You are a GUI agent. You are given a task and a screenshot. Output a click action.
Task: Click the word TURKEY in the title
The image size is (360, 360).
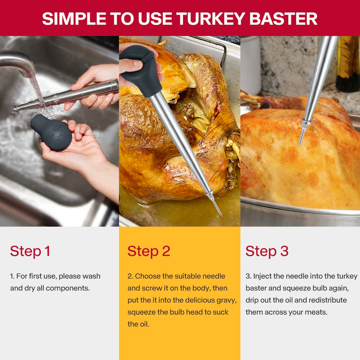pos(211,19)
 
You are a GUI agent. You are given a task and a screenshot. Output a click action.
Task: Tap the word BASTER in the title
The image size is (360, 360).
pos(283,19)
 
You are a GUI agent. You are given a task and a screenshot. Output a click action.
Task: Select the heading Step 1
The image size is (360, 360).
pos(30,251)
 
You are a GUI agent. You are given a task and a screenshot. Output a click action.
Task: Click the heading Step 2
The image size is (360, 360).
pos(149,251)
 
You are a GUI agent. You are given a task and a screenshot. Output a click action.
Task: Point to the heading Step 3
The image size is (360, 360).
pos(267,251)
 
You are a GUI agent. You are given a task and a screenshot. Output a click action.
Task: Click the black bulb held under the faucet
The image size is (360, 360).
pos(52,132)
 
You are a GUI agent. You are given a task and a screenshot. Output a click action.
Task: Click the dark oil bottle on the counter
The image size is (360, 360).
pos(348,64)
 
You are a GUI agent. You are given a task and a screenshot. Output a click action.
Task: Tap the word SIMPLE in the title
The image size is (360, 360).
pos(74,19)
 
